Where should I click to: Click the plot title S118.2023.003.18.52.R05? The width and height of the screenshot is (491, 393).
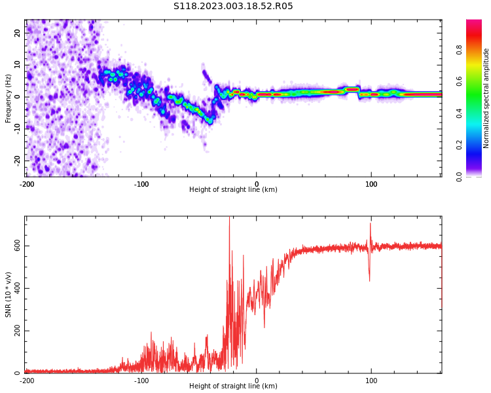233,7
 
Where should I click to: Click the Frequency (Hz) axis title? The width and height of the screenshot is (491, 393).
9,98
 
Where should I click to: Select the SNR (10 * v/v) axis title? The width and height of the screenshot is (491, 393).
9,295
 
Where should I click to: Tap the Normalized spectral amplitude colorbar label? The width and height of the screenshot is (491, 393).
486,98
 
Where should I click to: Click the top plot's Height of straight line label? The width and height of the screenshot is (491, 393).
233,190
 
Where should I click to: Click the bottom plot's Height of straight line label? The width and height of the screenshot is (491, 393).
233,386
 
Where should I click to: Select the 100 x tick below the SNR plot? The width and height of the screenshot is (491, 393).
371,381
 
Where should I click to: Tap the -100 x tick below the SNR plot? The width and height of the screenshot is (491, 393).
141,381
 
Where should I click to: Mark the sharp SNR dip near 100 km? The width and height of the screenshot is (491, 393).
369,280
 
